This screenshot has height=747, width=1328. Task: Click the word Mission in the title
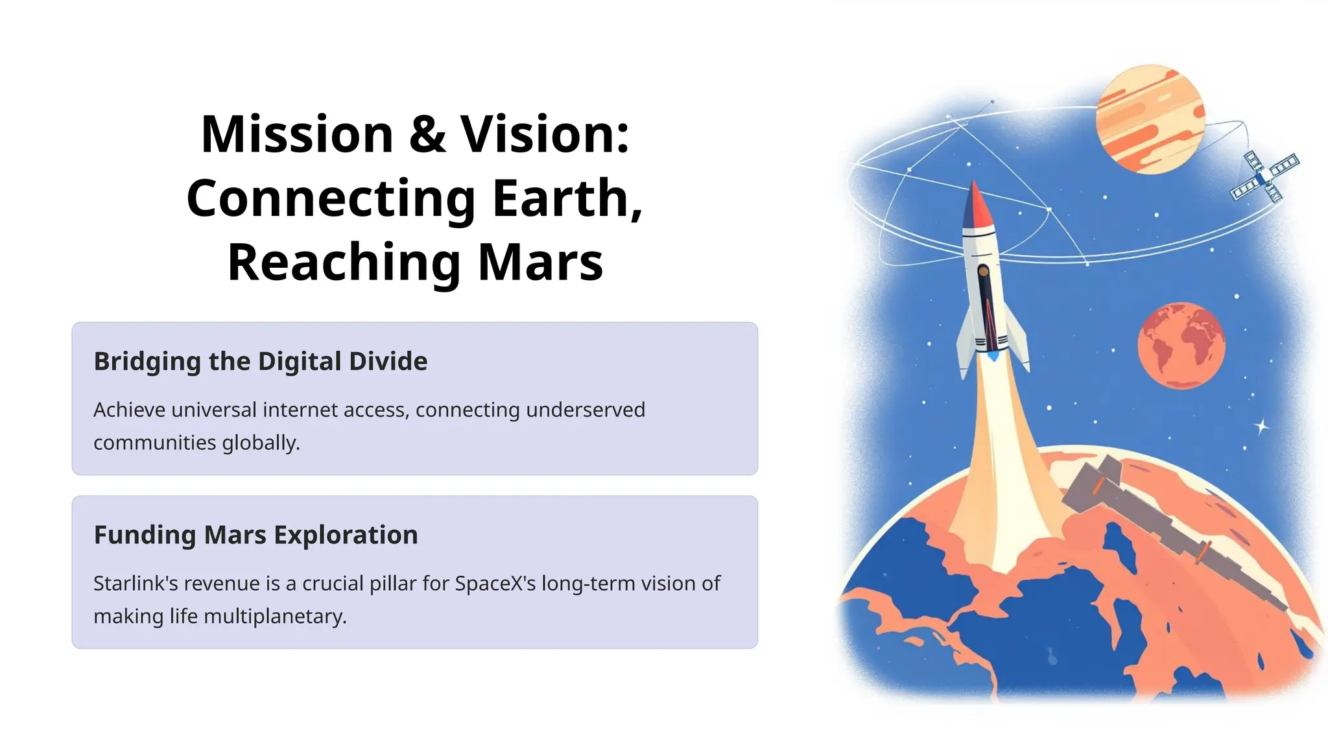pos(297,134)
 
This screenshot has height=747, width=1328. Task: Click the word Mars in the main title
pos(540,262)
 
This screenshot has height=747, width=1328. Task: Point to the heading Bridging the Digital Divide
pos(261,361)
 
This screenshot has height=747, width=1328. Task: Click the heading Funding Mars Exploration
pos(255,535)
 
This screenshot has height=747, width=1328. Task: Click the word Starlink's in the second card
pos(135,584)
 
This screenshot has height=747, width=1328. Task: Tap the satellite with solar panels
pos(1264,176)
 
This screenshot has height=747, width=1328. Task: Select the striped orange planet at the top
pos(1150,119)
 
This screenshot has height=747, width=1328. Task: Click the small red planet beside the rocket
pos(1181,346)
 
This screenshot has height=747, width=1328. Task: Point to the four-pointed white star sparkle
pos(1262,427)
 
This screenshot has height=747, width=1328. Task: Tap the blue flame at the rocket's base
pos(993,356)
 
